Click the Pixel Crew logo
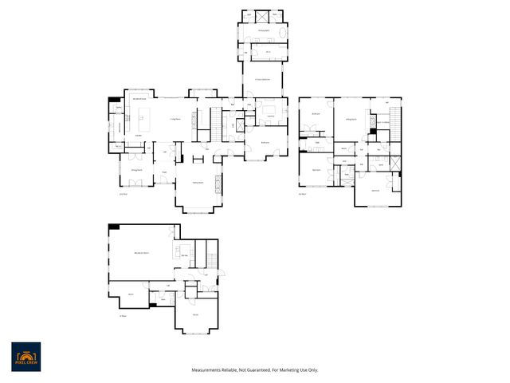coord(25,357)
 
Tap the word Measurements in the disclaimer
coord(209,370)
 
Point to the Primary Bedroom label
coord(262,80)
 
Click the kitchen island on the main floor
coord(145,124)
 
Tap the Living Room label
coord(171,119)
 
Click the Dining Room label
coord(136,171)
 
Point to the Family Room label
coord(198,183)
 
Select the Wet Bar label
coord(184,255)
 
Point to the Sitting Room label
coord(349,119)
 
